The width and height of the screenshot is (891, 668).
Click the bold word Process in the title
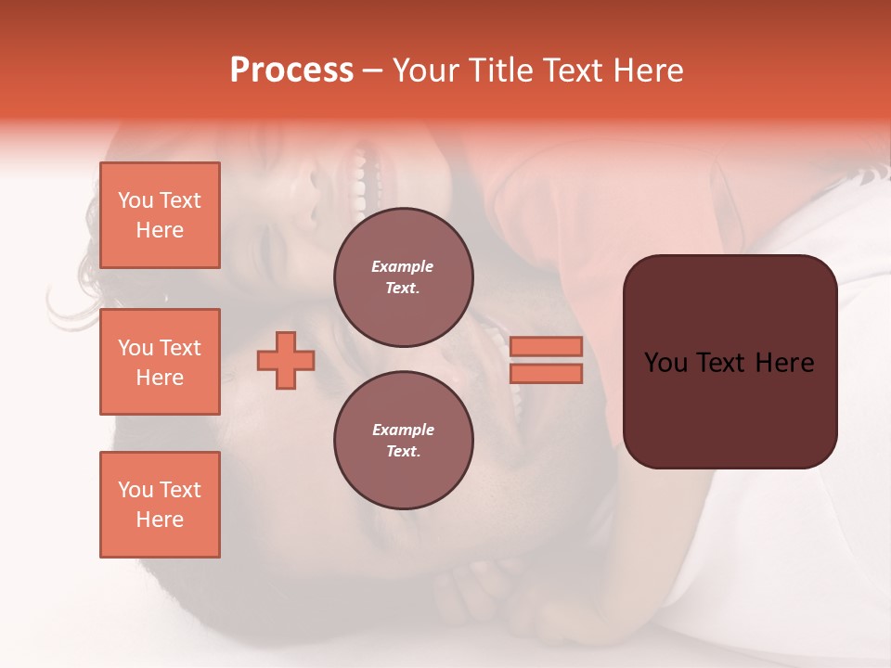tap(291, 71)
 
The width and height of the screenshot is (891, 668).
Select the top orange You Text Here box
tap(160, 215)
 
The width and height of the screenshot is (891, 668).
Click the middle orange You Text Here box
tap(160, 362)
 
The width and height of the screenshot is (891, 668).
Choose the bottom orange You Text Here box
tap(160, 505)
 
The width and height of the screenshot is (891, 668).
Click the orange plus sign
tap(286, 360)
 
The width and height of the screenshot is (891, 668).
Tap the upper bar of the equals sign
tap(547, 346)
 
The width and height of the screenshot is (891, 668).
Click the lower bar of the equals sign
tap(547, 374)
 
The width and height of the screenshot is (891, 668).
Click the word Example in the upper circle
tap(403, 266)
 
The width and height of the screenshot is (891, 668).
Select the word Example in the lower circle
tap(403, 430)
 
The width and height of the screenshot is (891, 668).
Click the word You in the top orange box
tap(135, 200)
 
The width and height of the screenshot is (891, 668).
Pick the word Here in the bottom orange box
tap(160, 520)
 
